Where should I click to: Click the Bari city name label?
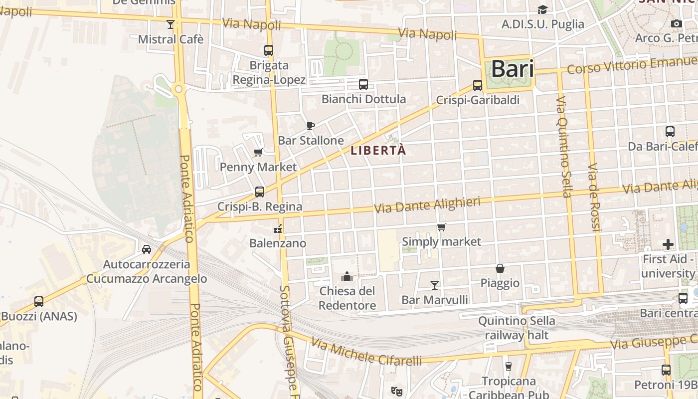click(513, 69)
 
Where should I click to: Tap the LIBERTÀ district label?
click(378, 150)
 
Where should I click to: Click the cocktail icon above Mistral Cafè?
click(171, 24)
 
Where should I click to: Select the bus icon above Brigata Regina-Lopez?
click(269, 50)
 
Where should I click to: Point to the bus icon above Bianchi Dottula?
click(363, 84)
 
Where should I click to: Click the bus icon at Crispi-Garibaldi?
click(478, 85)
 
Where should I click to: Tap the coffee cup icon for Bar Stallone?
click(311, 126)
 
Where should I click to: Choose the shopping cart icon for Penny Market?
click(258, 152)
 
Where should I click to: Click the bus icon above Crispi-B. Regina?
click(259, 192)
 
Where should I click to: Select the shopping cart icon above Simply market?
click(441, 227)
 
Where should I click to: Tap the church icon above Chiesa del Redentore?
click(347, 276)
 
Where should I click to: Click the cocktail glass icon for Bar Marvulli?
click(435, 285)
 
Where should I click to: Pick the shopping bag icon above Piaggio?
click(500, 268)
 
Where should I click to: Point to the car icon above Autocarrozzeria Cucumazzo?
click(147, 249)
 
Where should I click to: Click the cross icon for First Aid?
click(668, 244)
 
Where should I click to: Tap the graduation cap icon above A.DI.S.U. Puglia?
click(542, 9)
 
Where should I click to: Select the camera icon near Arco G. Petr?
click(677, 23)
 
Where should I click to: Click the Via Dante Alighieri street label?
click(427, 205)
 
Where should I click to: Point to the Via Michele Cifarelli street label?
click(366, 352)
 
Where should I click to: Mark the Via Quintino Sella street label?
click(564, 147)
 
